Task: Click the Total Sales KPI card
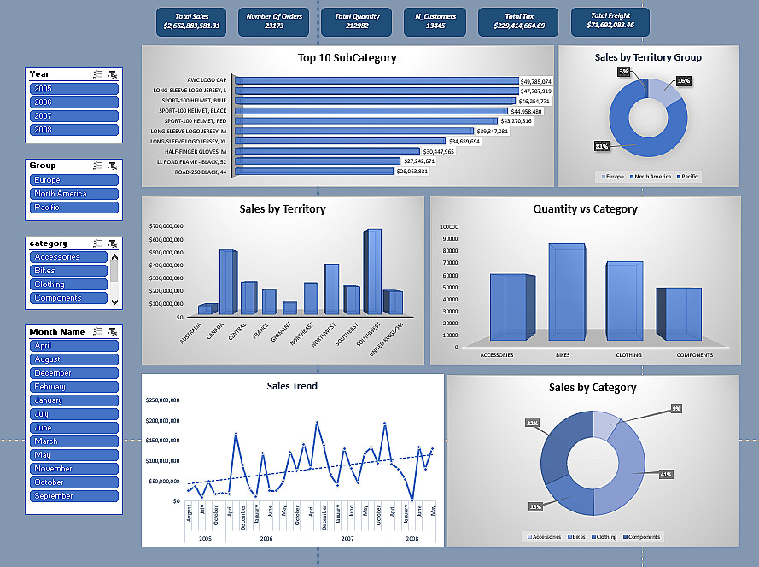pos(191,21)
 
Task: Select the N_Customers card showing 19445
pos(435,21)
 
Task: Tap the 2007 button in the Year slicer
pos(73,116)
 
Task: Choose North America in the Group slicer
pos(73,194)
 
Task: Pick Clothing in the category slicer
pos(68,284)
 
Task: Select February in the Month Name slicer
pos(73,387)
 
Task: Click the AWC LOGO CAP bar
pos(377,81)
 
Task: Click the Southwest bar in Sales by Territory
pos(372,272)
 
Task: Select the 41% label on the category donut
pos(665,474)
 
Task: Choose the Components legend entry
pos(644,537)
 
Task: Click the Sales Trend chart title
pos(292,386)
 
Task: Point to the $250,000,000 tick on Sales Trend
pos(162,400)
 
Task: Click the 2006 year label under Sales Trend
pos(266,539)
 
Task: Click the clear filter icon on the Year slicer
pos(113,74)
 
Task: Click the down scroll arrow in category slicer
pos(114,301)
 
